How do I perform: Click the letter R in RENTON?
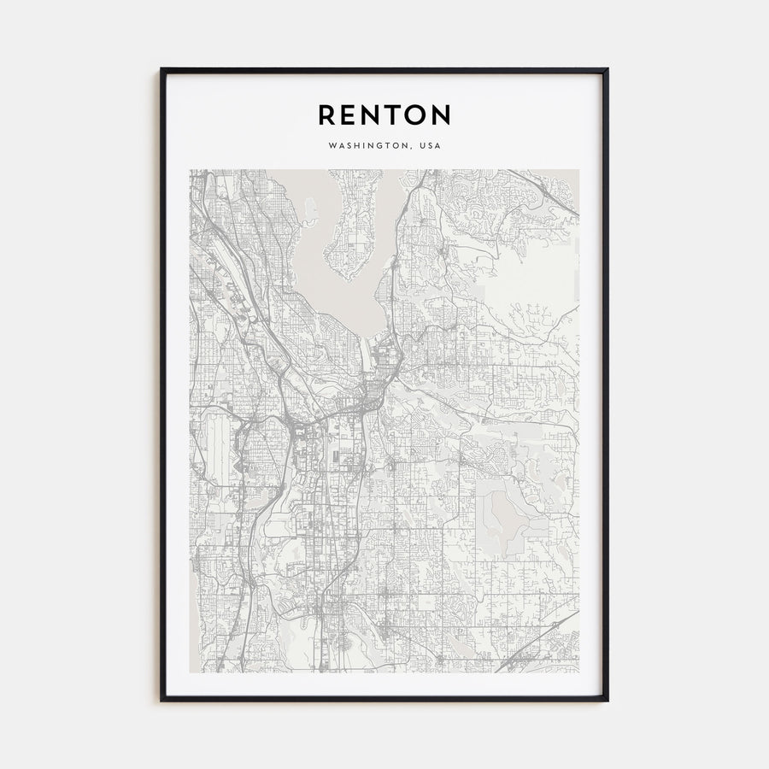328,114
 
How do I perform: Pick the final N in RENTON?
440,114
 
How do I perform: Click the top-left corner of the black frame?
161,70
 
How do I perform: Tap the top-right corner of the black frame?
607,70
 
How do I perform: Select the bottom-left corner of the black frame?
161,700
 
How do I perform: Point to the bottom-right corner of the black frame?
607,700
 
